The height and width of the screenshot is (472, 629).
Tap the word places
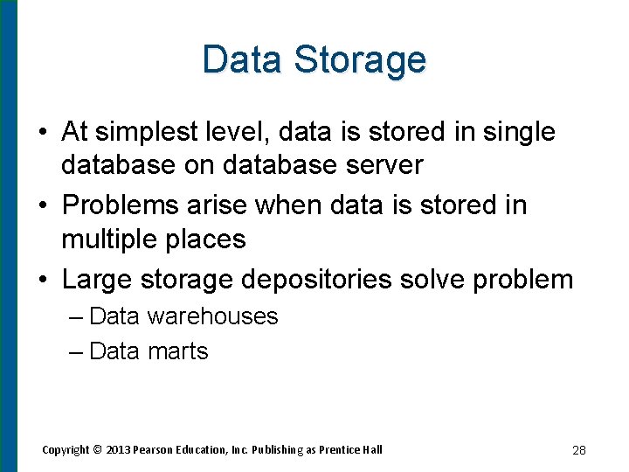208,239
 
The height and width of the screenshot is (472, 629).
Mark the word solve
431,279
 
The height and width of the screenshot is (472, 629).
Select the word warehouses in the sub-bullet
212,316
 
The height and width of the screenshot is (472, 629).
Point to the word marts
178,351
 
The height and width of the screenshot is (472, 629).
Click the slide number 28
578,450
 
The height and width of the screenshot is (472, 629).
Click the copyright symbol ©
98,449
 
